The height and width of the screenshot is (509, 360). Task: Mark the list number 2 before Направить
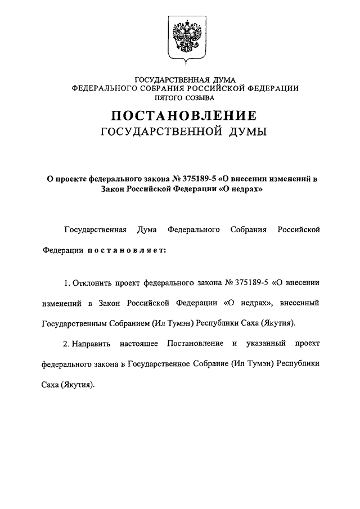(66, 343)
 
